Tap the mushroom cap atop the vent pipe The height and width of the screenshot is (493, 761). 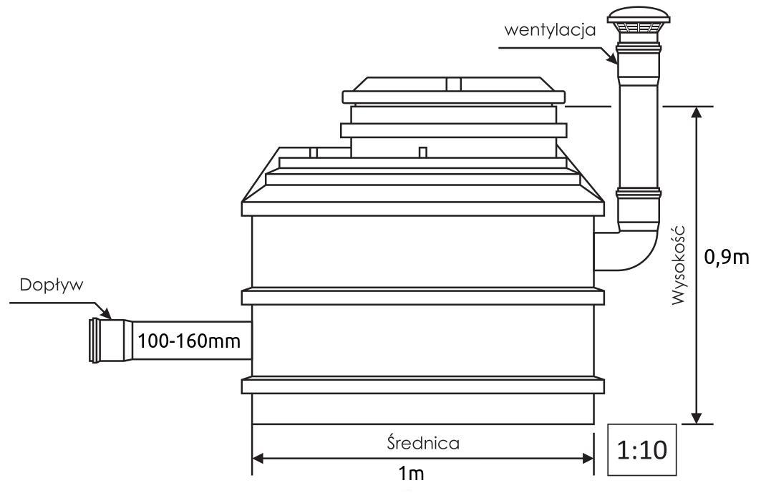(x=639, y=21)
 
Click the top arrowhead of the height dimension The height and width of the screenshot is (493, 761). (x=695, y=113)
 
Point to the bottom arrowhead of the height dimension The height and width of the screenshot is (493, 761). (x=695, y=417)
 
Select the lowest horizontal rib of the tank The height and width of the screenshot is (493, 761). (x=423, y=385)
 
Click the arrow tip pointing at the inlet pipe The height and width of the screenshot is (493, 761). (x=109, y=316)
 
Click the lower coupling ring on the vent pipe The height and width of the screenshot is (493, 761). (x=639, y=197)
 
